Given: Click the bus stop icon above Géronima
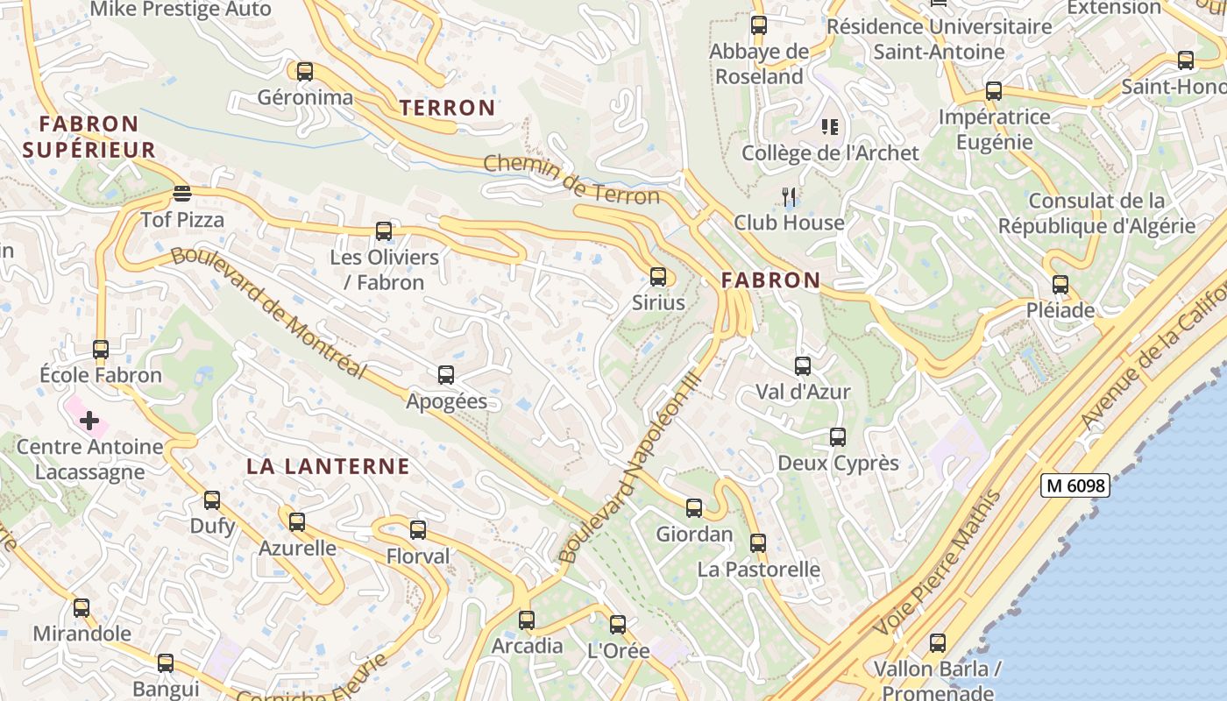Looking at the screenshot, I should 304,72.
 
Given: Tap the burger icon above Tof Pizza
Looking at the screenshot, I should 182,193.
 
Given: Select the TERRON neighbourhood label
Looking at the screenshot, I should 448,108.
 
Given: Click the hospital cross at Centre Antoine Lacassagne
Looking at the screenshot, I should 89,421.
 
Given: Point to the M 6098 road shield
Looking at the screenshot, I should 1075,485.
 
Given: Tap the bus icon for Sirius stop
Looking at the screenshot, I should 658,277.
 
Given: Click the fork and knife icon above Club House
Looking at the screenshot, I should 789,196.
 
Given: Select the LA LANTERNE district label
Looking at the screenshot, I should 328,466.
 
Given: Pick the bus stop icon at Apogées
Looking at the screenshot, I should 445,375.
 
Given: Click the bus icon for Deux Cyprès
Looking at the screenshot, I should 838,436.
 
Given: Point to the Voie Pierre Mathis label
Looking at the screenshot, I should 939,563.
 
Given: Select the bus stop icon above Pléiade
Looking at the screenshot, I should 1060,284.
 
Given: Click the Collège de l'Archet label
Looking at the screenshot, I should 830,152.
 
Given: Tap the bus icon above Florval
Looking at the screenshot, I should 418,529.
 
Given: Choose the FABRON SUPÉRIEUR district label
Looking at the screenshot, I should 89,137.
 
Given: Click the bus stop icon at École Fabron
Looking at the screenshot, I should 101,349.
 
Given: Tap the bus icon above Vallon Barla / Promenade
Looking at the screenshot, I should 938,643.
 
